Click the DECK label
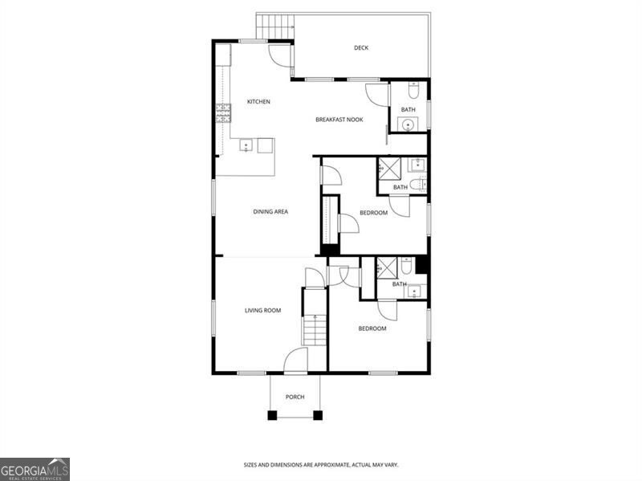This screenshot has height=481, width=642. (x=361, y=48)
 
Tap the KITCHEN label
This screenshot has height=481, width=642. (x=258, y=102)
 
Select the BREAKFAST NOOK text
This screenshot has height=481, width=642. (x=339, y=120)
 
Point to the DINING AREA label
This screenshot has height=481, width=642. (x=270, y=212)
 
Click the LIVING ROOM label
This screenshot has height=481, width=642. (x=262, y=310)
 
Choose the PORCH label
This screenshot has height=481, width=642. (x=295, y=397)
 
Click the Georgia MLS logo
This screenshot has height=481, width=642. (x=35, y=469)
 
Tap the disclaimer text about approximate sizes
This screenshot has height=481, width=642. (x=321, y=465)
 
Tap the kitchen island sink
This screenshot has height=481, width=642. (x=246, y=145)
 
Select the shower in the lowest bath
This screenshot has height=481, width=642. (x=387, y=267)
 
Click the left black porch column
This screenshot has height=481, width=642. (x=272, y=415)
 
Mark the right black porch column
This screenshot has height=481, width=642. (x=318, y=415)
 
